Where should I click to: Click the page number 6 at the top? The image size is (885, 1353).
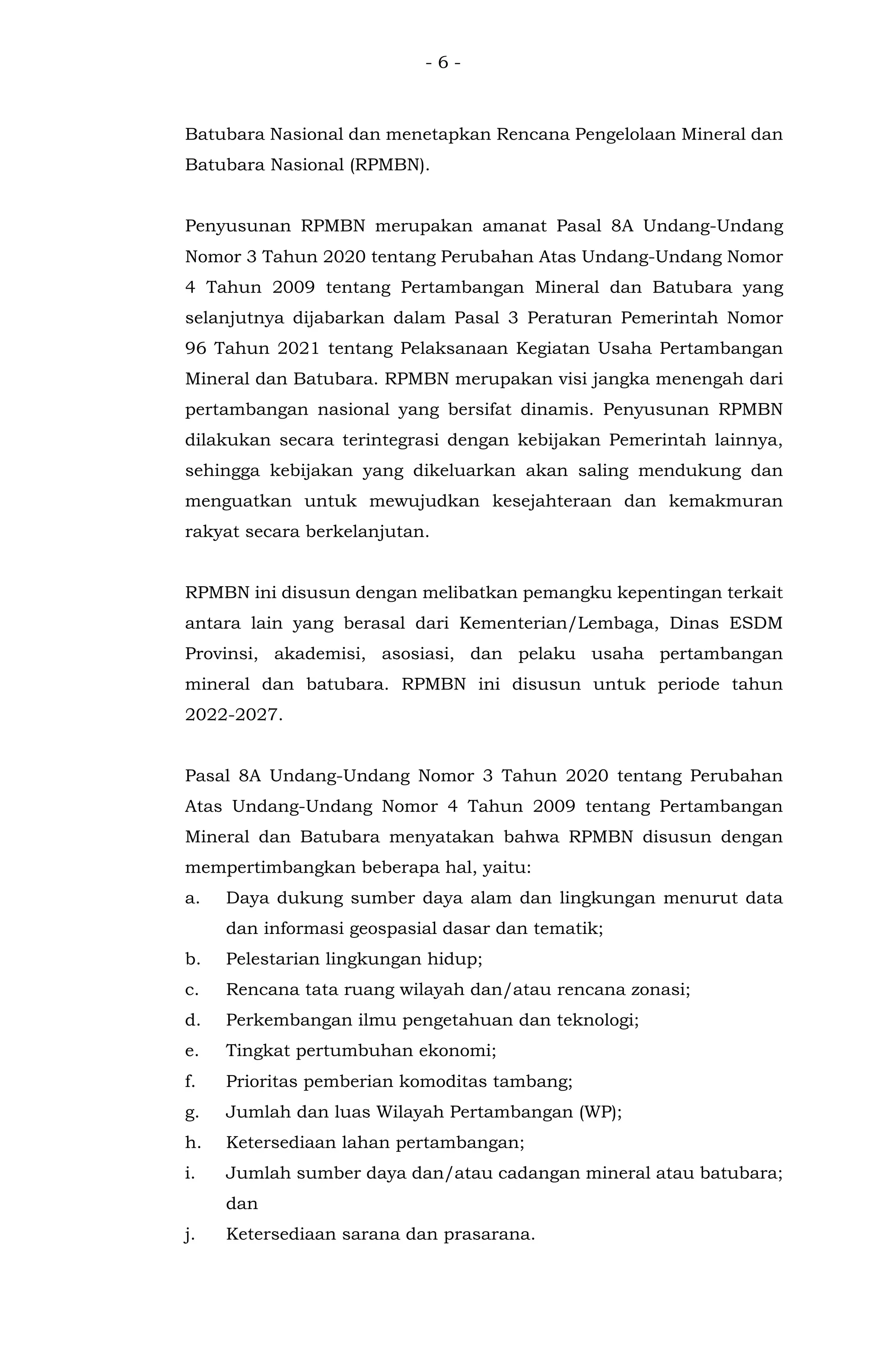[442, 63]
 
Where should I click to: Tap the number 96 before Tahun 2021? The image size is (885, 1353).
[196, 348]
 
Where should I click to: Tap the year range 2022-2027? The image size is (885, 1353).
[233, 715]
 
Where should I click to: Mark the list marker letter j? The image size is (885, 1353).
[188, 1234]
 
